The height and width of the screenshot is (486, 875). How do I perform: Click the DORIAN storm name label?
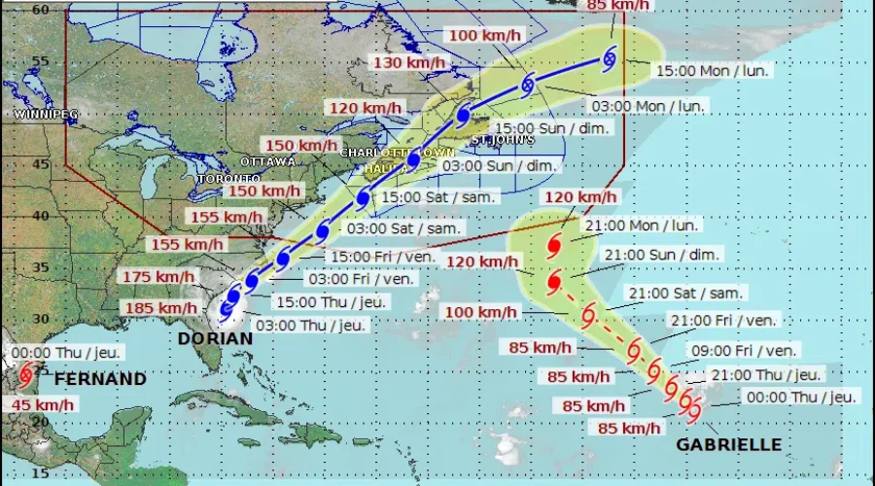coord(215,338)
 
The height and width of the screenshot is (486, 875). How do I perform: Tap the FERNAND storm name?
coord(100,378)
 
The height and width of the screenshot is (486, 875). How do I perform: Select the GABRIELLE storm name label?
coord(729,444)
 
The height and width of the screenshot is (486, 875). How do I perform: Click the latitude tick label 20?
coord(14,421)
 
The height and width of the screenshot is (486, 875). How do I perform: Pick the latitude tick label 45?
coord(14,162)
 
